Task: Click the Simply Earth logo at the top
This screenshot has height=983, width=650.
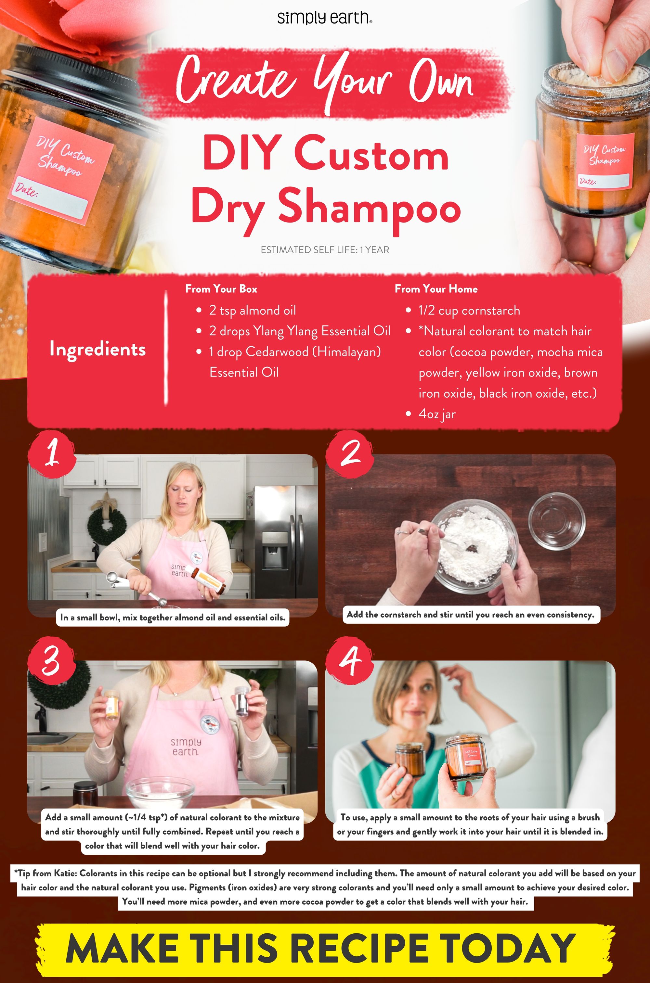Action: tap(325, 18)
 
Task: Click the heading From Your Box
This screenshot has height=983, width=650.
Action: tap(221, 289)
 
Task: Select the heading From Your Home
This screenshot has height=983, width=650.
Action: tap(436, 289)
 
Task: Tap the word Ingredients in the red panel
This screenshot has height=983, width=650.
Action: tap(97, 349)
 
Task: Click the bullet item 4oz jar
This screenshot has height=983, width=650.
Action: tap(436, 414)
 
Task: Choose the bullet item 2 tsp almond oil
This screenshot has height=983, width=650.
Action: tap(252, 310)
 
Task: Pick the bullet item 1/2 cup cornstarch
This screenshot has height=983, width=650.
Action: tap(469, 310)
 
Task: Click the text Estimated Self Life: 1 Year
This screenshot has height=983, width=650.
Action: tap(325, 250)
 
